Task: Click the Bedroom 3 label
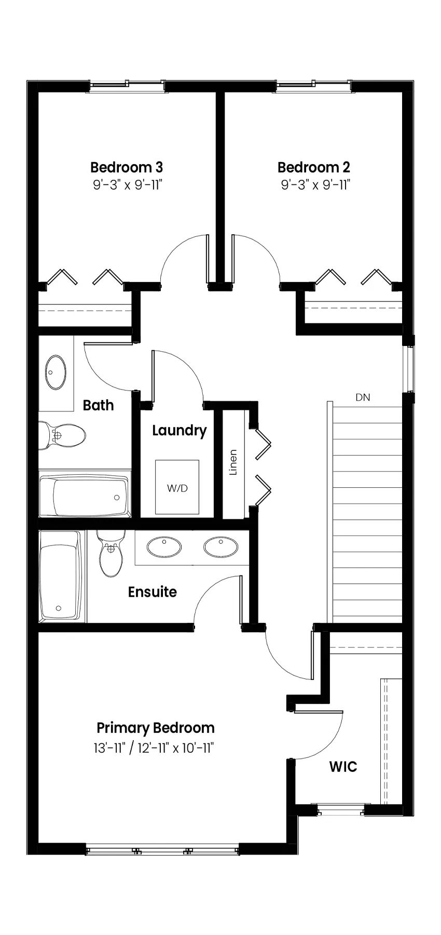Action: click(127, 167)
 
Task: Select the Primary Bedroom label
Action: click(156, 728)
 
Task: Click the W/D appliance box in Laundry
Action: click(177, 487)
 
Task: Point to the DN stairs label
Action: click(363, 398)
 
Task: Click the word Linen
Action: click(233, 462)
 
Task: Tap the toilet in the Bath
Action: click(62, 435)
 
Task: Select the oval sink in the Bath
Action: click(56, 372)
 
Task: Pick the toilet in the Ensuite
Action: click(111, 553)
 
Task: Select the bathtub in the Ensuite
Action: click(61, 577)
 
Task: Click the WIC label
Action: click(343, 767)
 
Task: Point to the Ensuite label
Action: click(153, 592)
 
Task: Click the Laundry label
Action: click(180, 431)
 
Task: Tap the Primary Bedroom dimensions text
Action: click(154, 748)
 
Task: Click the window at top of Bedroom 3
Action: click(127, 87)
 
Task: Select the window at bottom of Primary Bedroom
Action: click(162, 851)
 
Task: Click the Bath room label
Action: click(99, 405)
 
